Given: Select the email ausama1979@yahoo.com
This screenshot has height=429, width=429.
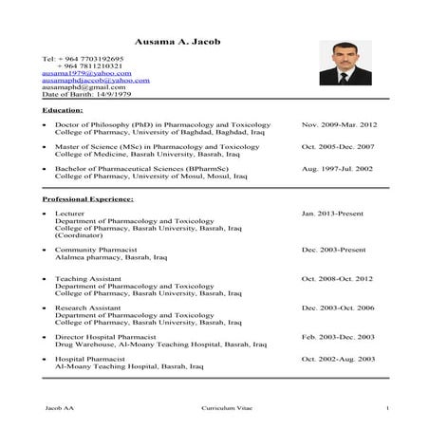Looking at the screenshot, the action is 86,73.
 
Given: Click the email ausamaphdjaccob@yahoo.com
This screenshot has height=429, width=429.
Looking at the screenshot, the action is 96,81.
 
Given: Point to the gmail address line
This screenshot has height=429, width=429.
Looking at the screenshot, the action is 85,88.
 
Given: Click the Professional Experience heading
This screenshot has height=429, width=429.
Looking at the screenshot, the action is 88,199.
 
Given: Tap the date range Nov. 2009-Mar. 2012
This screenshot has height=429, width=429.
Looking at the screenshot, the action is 339,125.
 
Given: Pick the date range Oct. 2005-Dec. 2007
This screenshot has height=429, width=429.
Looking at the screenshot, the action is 338,147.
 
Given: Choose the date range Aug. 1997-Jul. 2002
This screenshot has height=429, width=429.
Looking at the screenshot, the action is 337,169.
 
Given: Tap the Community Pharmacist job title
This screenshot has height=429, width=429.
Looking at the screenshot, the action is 94,249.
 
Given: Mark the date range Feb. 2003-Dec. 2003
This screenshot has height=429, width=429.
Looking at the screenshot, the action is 338,337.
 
